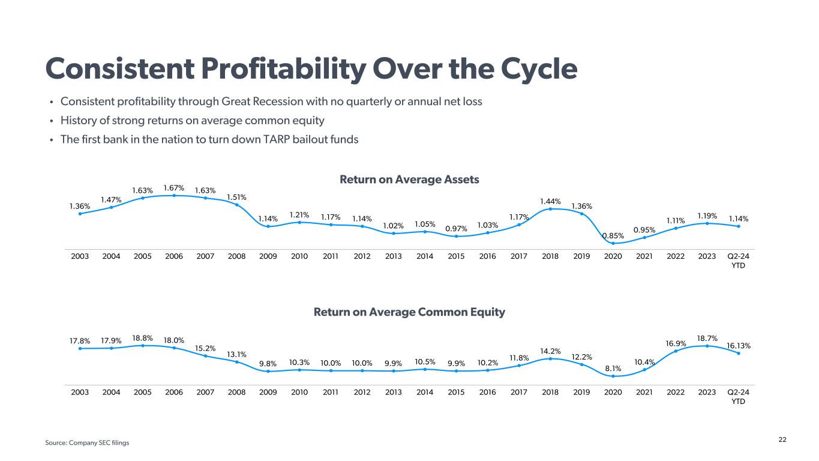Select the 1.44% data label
tap(550, 200)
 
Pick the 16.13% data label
tap(739, 346)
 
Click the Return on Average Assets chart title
tap(409, 179)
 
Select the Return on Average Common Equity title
tap(409, 312)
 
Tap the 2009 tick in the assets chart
tap(268, 256)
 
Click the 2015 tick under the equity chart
tap(456, 392)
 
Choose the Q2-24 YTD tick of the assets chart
tap(739, 261)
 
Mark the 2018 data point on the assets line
tap(550, 209)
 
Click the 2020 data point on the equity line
tap(613, 376)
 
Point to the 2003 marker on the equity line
tap(80, 348)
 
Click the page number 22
tap(782, 440)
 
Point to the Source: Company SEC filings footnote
tap(87, 443)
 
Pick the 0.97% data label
tap(456, 228)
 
